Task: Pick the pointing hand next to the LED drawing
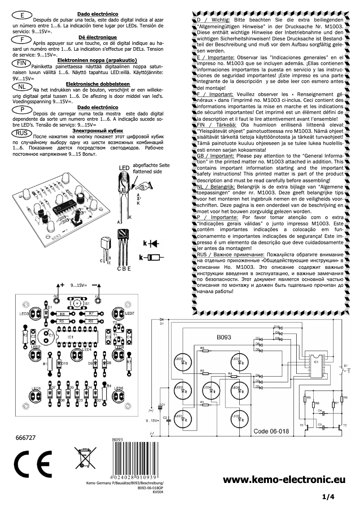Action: pyautogui.click(x=145, y=184)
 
